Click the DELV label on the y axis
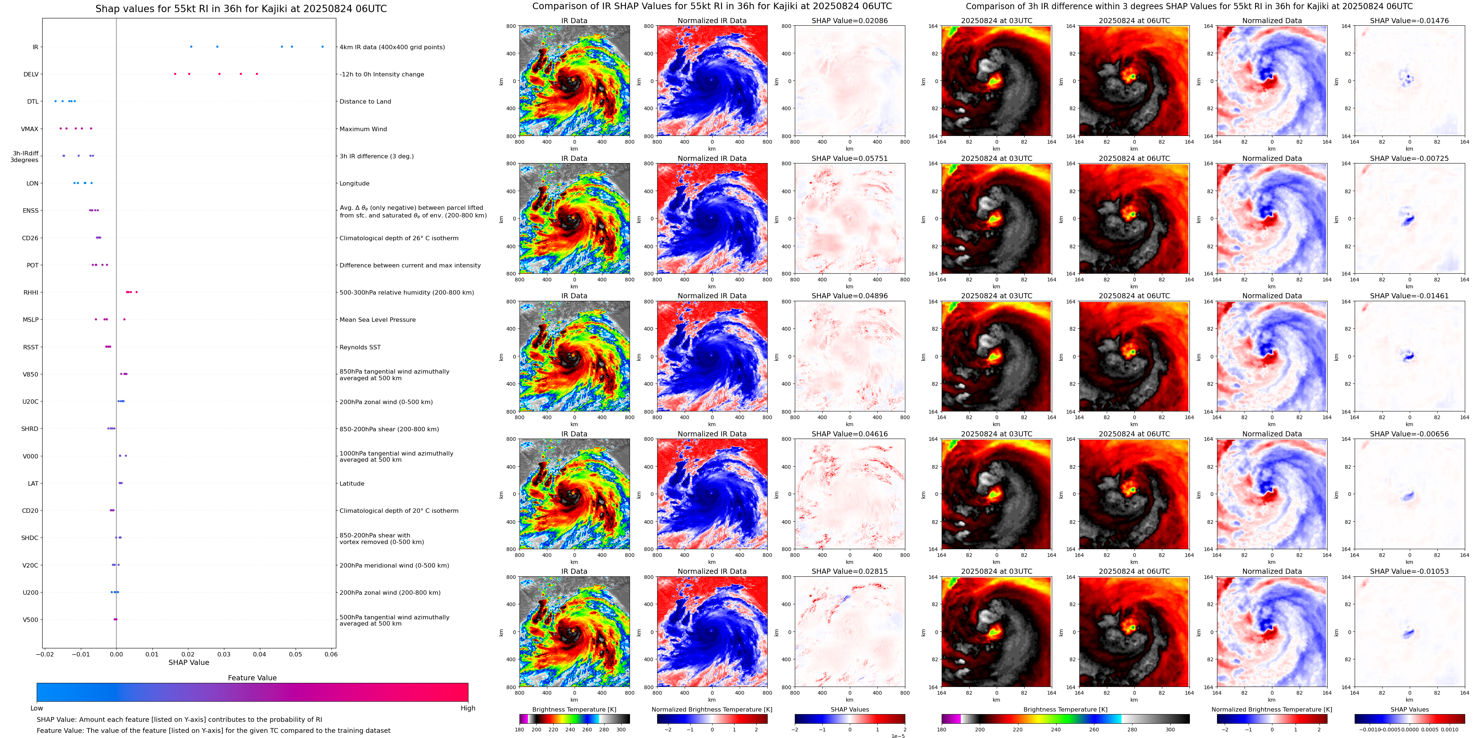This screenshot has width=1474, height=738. pos(31,75)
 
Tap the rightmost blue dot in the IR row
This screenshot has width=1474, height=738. pos(322,47)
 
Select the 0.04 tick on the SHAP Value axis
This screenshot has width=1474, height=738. pos(259,654)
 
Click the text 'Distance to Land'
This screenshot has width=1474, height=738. pos(365,102)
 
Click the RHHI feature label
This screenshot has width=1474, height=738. pos(31,292)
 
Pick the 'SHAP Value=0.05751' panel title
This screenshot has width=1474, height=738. pos(849,159)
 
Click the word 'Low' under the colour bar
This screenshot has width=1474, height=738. pos(37,708)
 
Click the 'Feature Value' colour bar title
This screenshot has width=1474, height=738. pos(252,678)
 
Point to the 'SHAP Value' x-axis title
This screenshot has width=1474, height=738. pos(189,662)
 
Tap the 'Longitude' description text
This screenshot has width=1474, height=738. pos(354,184)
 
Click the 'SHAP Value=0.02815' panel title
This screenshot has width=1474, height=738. pos(849,571)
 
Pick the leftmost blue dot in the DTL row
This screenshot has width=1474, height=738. pos(55,101)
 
